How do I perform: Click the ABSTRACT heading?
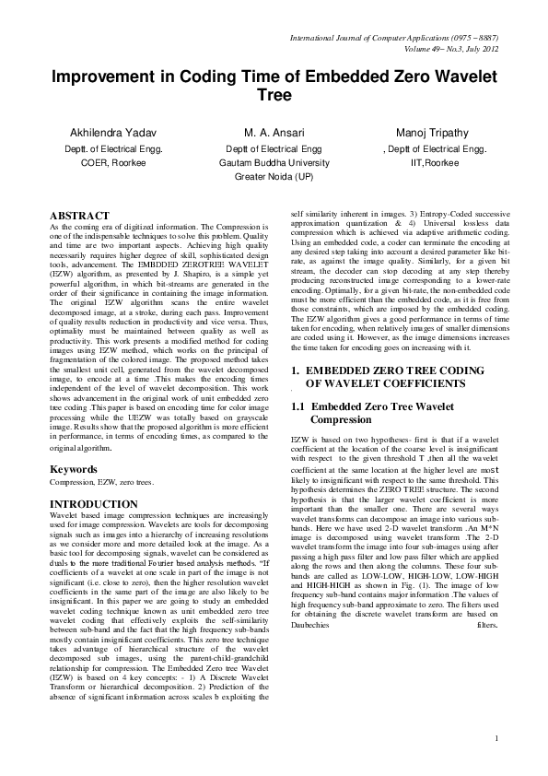79,215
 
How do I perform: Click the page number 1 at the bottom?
496,737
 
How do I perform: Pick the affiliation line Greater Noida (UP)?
274,175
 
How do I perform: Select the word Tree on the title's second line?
274,95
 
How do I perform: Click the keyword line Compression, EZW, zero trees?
101,483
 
